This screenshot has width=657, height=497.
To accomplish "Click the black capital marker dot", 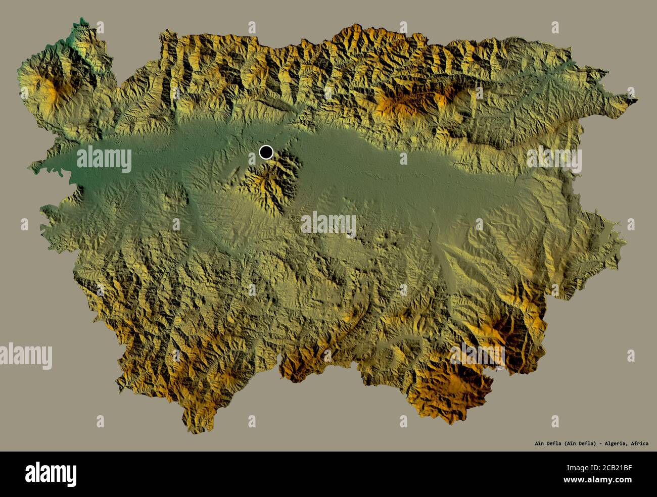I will tap(266, 152).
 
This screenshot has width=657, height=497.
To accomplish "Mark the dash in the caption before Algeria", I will tap(599, 443).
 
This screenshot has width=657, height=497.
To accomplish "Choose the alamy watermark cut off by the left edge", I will tap(25, 355).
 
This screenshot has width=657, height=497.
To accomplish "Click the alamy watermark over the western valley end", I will tap(104, 159).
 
